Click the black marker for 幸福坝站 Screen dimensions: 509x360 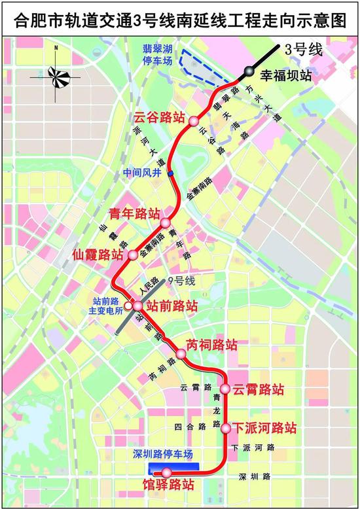pos(249,71)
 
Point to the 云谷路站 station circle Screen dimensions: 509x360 pos(194,122)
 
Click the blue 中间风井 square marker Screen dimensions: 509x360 pos(170,173)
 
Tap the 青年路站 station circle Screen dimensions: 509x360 pos(166,223)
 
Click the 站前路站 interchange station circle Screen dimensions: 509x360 pos(137,305)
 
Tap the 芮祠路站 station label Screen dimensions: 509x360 pos(211,345)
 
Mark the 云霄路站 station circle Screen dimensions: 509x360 pos(225,389)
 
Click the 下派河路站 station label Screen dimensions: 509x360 pos(265,429)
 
